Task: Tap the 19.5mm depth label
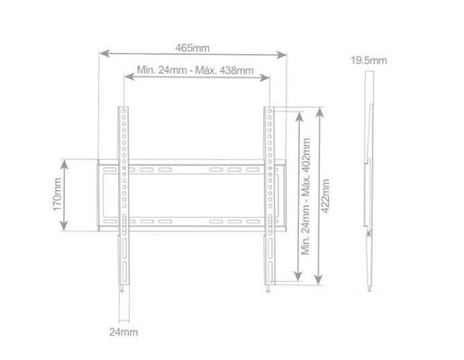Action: click(368, 60)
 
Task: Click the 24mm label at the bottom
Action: click(124, 332)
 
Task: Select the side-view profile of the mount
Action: click(369, 171)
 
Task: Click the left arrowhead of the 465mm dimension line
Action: click(100, 53)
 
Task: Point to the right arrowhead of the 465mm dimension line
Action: click(289, 53)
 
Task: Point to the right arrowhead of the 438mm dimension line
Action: click(269, 80)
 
